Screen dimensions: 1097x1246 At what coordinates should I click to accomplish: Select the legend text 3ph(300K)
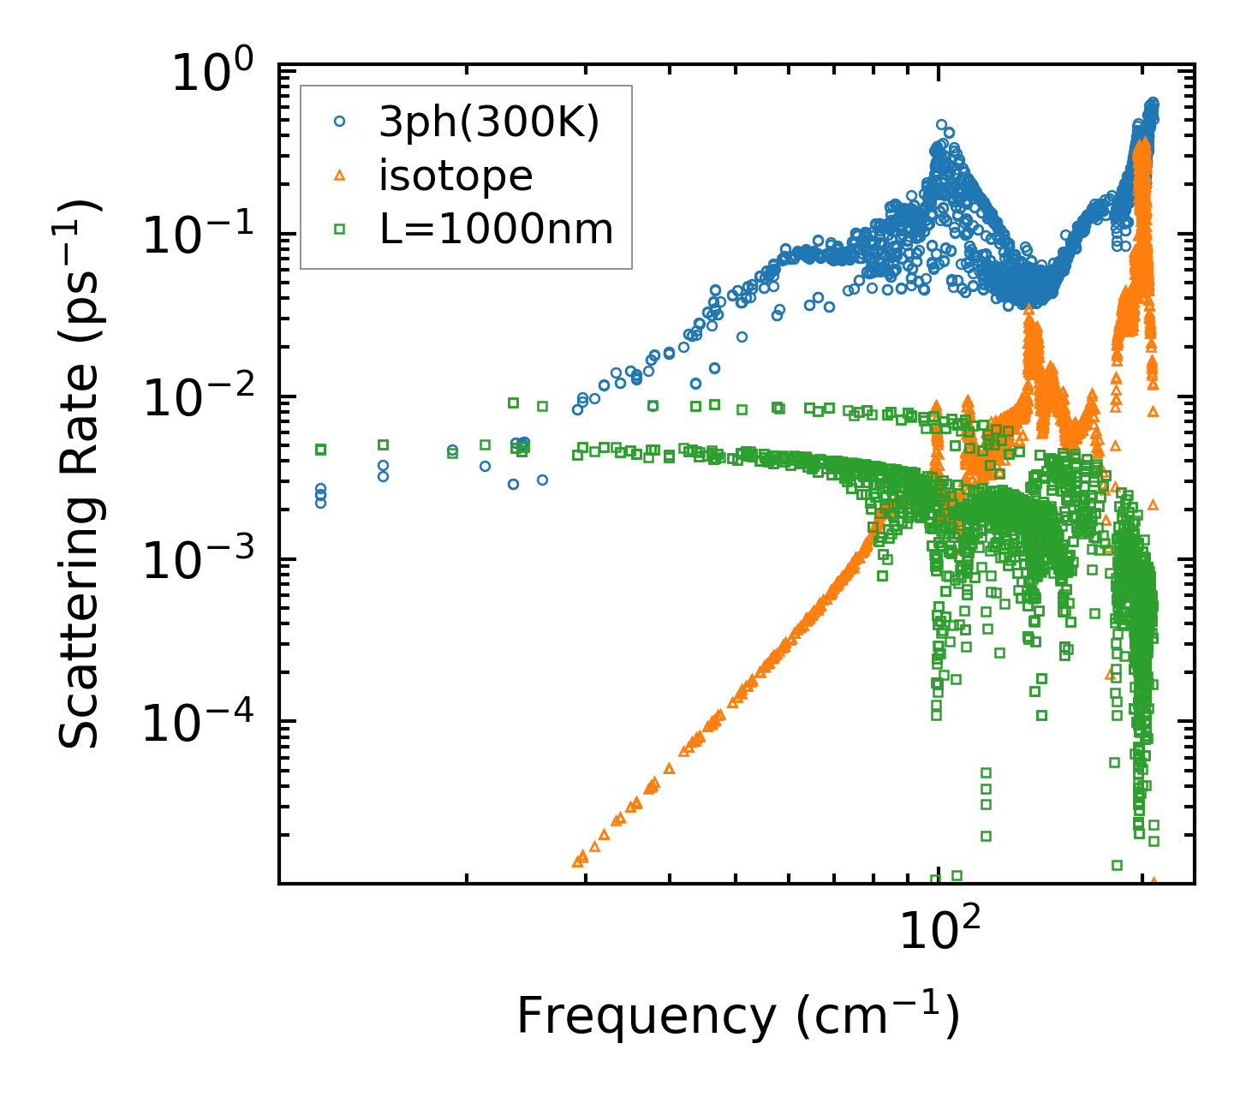[x=490, y=123]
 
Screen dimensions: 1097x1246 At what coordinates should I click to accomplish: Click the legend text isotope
[x=456, y=176]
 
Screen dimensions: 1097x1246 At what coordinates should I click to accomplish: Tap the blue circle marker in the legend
[x=339, y=122]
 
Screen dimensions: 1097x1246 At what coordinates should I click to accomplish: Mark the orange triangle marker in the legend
[x=339, y=176]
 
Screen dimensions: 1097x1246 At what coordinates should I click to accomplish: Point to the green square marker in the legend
[x=339, y=229]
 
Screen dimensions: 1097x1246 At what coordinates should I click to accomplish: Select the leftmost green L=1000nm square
[x=321, y=450]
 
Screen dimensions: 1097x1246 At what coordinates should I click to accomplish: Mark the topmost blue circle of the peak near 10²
[x=941, y=125]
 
